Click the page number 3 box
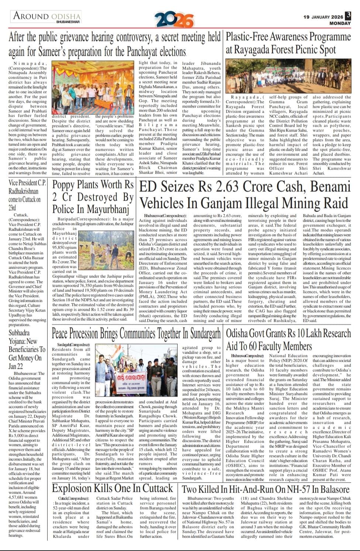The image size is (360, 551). [348, 16]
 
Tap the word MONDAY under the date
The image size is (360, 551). [340, 23]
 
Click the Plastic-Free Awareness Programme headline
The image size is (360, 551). [288, 43]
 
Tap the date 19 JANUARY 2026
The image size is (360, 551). [323, 17]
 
